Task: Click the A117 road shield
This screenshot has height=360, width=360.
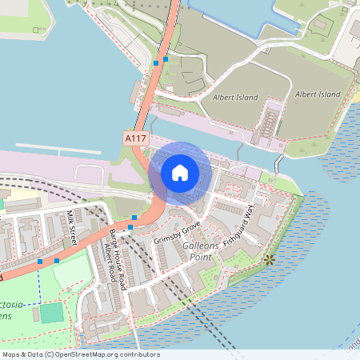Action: (x=135, y=138)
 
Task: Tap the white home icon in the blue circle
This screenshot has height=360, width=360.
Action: (x=180, y=172)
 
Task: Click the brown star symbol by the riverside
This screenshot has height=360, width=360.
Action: (x=270, y=259)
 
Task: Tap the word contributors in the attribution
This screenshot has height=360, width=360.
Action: (x=138, y=354)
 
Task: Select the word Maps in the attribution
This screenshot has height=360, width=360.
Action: (x=11, y=354)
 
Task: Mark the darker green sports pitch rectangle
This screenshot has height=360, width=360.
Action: (x=51, y=312)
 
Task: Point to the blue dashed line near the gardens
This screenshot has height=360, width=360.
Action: (x=38, y=280)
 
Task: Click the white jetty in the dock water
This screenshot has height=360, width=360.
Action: (x=57, y=148)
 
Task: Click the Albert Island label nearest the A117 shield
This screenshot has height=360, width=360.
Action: (x=236, y=98)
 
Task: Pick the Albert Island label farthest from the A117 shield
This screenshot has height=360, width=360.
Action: (x=318, y=94)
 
